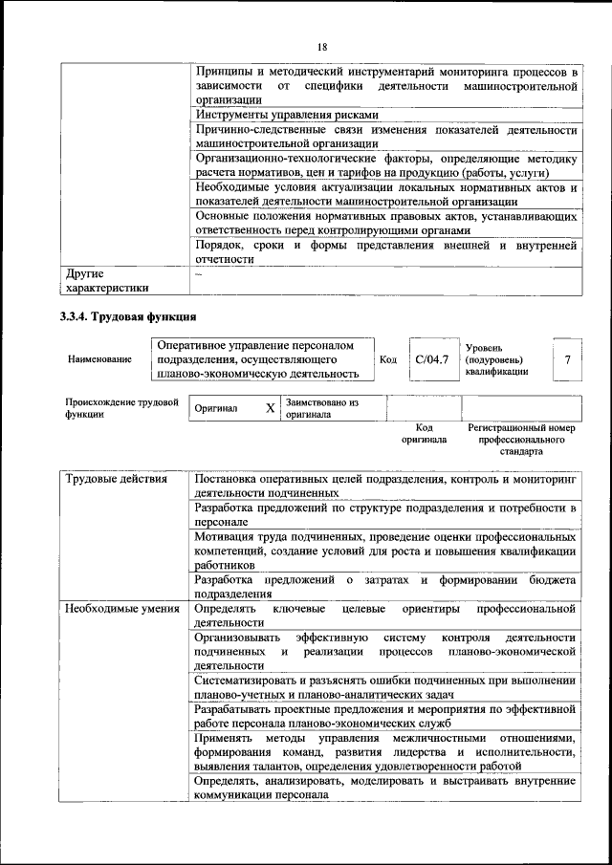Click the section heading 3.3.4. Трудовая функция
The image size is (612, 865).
click(x=128, y=316)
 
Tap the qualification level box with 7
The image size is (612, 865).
click(x=568, y=359)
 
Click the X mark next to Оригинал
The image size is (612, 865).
click(x=270, y=408)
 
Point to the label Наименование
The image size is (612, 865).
click(x=99, y=359)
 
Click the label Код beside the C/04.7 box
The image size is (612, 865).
click(x=388, y=359)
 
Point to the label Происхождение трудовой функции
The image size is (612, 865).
click(x=121, y=408)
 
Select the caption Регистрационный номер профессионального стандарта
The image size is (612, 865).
click(x=521, y=440)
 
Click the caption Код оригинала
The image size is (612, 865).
click(x=425, y=434)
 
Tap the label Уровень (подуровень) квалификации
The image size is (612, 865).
click(x=496, y=359)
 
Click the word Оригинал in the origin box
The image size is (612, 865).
click(x=216, y=409)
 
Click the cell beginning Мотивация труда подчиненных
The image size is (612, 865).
click(x=385, y=551)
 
